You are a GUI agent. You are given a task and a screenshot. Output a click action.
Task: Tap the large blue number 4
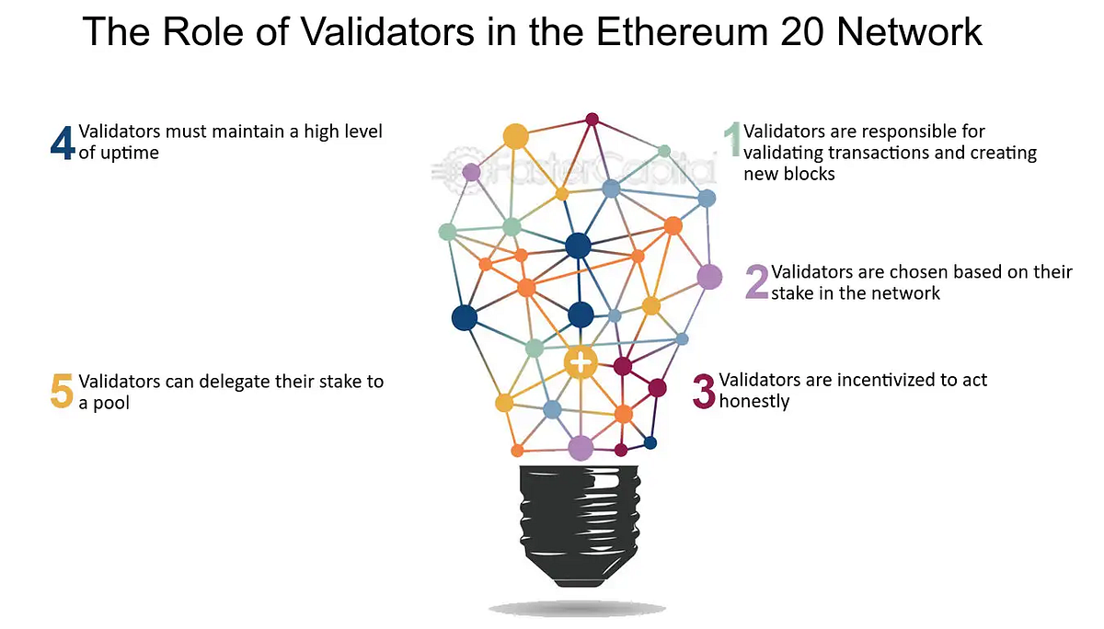pos(62,143)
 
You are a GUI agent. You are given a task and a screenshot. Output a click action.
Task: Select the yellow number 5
pos(61,392)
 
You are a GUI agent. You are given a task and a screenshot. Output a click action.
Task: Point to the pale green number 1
pos(732,142)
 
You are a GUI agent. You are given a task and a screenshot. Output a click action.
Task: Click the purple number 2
pos(756,282)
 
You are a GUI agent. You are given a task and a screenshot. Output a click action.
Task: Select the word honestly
pos(754,401)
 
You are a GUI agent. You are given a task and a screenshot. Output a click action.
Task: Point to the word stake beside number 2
pos(795,293)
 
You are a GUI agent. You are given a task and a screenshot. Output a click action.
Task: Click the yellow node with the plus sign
pos(581,362)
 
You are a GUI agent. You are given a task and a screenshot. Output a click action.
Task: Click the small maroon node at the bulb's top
pos(592,119)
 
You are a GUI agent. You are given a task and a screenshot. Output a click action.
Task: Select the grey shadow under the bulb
pos(576,608)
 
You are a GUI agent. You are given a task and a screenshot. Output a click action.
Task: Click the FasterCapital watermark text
pos(589,171)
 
